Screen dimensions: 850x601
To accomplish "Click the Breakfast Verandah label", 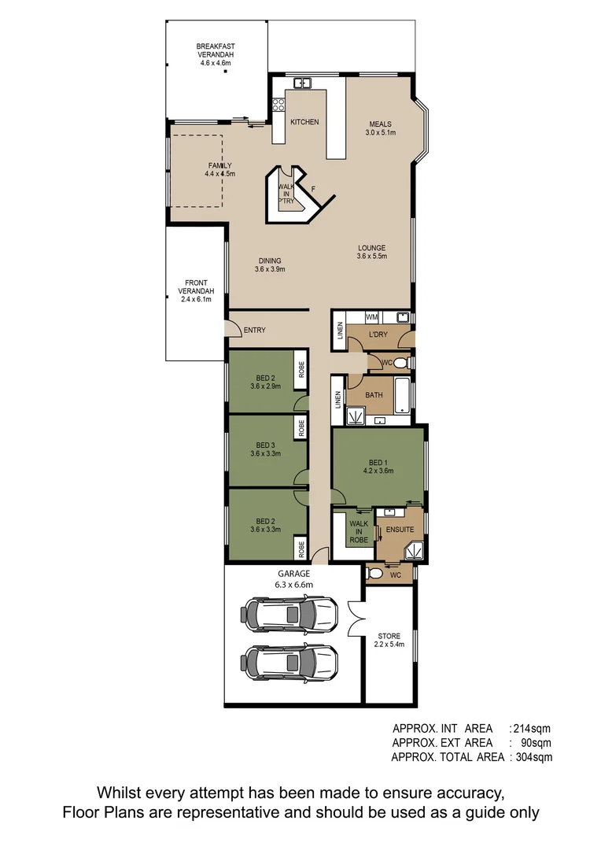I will tap(216, 54).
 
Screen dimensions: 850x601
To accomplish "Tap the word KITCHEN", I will tap(304, 122).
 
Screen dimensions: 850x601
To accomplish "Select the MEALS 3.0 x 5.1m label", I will tap(379, 128).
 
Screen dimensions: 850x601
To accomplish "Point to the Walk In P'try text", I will tap(286, 194).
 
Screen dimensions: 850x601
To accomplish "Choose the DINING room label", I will tap(269, 265).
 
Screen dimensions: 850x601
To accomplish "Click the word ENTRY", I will tap(255, 331).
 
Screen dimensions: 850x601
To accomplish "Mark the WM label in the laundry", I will tap(372, 316).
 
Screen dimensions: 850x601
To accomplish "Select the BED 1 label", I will tap(378, 467).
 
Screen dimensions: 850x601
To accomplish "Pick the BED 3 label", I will tap(265, 449).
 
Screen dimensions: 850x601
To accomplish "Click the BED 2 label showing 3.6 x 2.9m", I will tap(265, 382).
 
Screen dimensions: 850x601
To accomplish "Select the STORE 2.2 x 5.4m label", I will tap(389, 640).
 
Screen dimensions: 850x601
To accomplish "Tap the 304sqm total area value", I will tap(533, 757).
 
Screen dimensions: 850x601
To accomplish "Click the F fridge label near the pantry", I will tap(313, 189).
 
